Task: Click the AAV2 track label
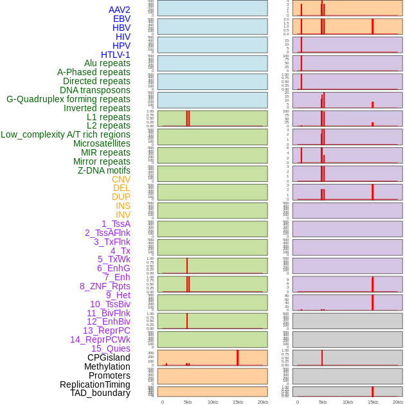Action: (x=119, y=10)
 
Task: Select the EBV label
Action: (x=122, y=19)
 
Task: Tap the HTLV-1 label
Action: (x=115, y=55)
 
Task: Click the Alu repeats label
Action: (x=107, y=63)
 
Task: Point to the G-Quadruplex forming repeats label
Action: (x=68, y=99)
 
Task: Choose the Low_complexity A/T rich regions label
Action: (x=66, y=134)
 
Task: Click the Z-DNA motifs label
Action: (x=104, y=170)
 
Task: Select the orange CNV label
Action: (x=121, y=179)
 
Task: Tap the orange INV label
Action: (x=123, y=215)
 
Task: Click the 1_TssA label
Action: (x=116, y=224)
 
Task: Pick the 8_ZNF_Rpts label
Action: (x=105, y=286)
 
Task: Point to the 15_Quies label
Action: (x=111, y=348)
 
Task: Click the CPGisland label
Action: (x=109, y=357)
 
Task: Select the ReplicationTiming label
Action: (x=94, y=384)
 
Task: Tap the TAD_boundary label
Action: (x=100, y=393)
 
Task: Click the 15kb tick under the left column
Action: (x=237, y=402)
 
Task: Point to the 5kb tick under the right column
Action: (x=322, y=402)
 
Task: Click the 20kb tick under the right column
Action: (x=398, y=402)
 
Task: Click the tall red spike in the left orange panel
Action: (x=237, y=357)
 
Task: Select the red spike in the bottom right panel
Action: (x=372, y=392)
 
